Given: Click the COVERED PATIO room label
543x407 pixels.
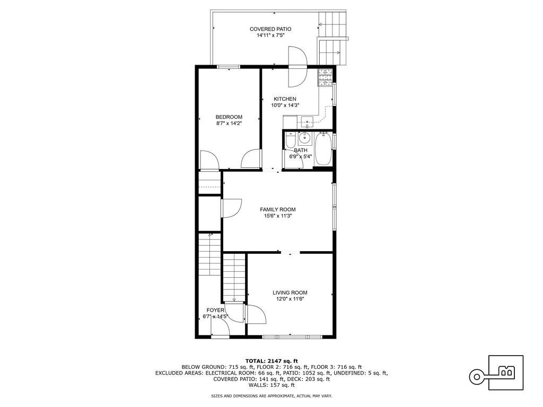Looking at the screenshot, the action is tap(270, 29).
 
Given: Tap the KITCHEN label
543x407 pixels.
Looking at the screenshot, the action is tap(285, 99).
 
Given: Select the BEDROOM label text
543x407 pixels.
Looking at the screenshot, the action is tap(229, 117).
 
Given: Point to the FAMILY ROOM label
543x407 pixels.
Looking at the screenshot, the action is tap(278, 209).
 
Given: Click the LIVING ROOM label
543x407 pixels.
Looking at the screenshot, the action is tap(290, 293).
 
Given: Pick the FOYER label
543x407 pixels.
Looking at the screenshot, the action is tap(215, 310).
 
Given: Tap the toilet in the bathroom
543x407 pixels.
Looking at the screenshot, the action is tap(290, 140).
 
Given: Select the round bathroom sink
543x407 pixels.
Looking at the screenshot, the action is tap(304, 138).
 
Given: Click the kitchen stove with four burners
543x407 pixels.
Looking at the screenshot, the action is tap(325, 77).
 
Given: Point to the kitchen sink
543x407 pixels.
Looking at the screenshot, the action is tap(307, 121).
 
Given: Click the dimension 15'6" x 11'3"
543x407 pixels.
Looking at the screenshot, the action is tap(278, 216).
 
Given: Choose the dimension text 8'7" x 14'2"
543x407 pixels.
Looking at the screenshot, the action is tap(229, 123).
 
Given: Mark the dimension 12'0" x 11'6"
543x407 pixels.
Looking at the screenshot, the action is tap(290, 299).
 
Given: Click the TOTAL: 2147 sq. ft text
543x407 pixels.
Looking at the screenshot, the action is tap(271, 361).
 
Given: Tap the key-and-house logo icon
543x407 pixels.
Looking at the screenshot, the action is tap(496, 373).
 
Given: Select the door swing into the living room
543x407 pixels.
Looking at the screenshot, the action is tap(256, 314).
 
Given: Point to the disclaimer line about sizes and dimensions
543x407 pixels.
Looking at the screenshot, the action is tap(271, 395).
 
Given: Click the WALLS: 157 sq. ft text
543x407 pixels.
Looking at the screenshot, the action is tap(271, 385).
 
